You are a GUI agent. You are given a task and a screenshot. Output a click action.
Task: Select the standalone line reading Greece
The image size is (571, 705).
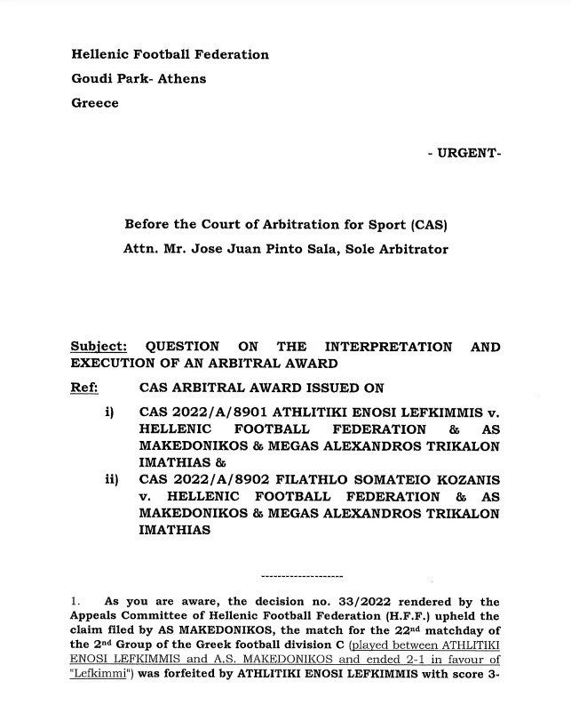tap(94, 102)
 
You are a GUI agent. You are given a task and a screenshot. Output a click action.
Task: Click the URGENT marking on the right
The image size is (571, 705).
tap(464, 153)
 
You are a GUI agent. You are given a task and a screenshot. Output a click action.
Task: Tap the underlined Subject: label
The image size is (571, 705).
tap(99, 347)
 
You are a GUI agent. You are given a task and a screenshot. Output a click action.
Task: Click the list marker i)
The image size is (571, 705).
tap(111, 413)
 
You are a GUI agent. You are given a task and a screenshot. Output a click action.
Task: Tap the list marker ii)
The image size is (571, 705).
tap(111, 480)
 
